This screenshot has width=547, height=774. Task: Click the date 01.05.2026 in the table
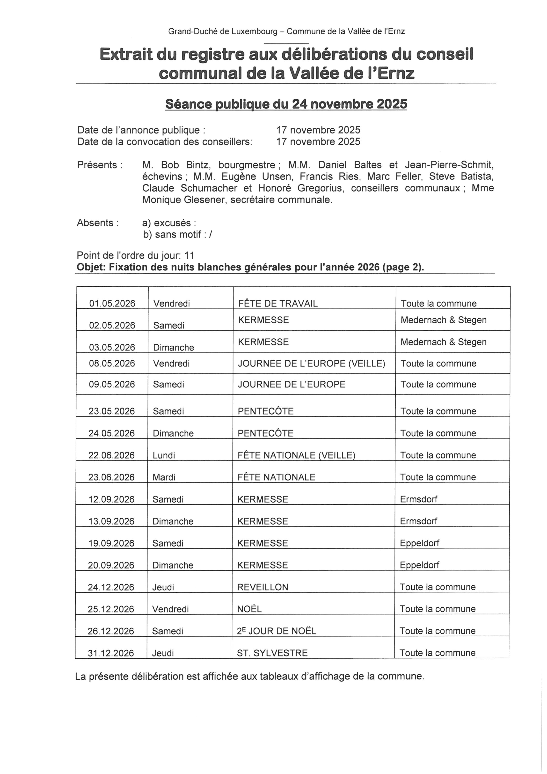[x=112, y=303]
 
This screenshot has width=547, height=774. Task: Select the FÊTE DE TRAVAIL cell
[x=278, y=303]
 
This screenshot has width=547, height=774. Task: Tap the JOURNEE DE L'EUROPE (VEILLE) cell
[x=312, y=363]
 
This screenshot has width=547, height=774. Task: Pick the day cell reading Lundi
[x=164, y=455]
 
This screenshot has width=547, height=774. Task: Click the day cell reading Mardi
[x=164, y=477]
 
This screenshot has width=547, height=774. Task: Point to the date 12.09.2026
[x=111, y=499]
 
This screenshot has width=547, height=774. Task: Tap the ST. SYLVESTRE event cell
[x=272, y=653]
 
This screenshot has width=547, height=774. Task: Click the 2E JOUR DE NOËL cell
[x=277, y=631]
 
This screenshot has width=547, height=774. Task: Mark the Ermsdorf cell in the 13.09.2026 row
[x=419, y=521]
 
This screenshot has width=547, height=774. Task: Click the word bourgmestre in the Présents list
[x=247, y=165]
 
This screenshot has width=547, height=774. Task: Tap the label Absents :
[x=98, y=223]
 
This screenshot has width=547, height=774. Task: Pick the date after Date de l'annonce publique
[x=318, y=130]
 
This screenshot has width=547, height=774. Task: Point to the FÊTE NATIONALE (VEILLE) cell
[x=296, y=455]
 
